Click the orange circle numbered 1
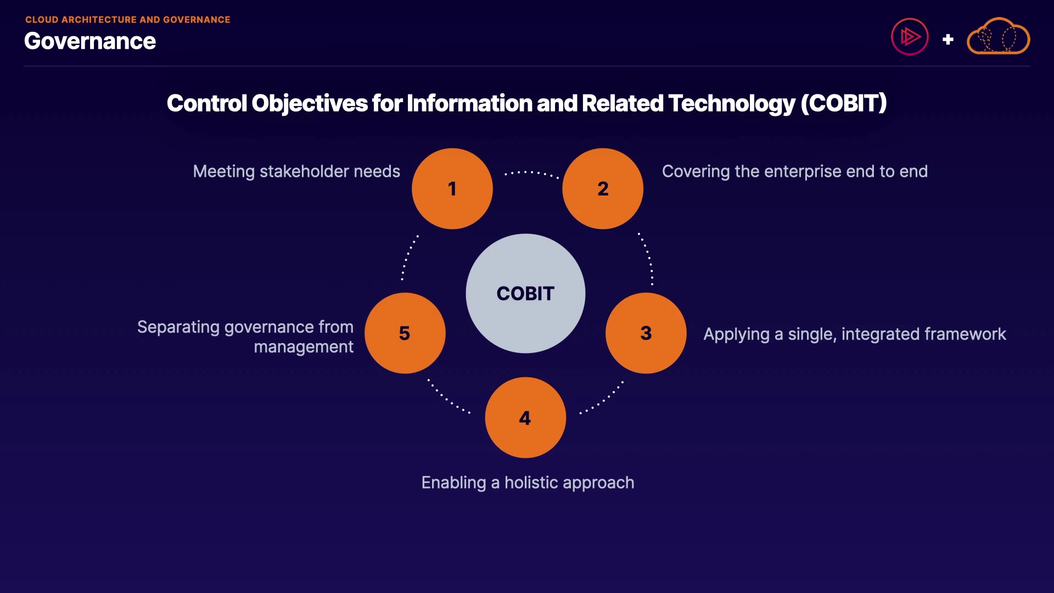tap(452, 188)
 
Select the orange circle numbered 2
tap(603, 188)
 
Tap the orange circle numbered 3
tap(646, 333)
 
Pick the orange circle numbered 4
tap(525, 417)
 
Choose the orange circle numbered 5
tap(405, 333)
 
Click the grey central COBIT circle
tap(525, 293)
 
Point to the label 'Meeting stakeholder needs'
tap(296, 171)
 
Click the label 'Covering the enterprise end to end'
tap(795, 171)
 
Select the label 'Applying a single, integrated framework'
tap(855, 334)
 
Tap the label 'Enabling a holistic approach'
tap(528, 483)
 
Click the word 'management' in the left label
tap(304, 347)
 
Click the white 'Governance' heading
tap(90, 41)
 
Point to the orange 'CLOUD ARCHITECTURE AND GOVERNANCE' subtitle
tap(128, 20)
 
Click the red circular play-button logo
tap(910, 37)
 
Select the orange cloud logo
tap(998, 36)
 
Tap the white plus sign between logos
tap(948, 40)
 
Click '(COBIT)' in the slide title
tap(844, 103)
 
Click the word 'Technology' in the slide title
tap(732, 103)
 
